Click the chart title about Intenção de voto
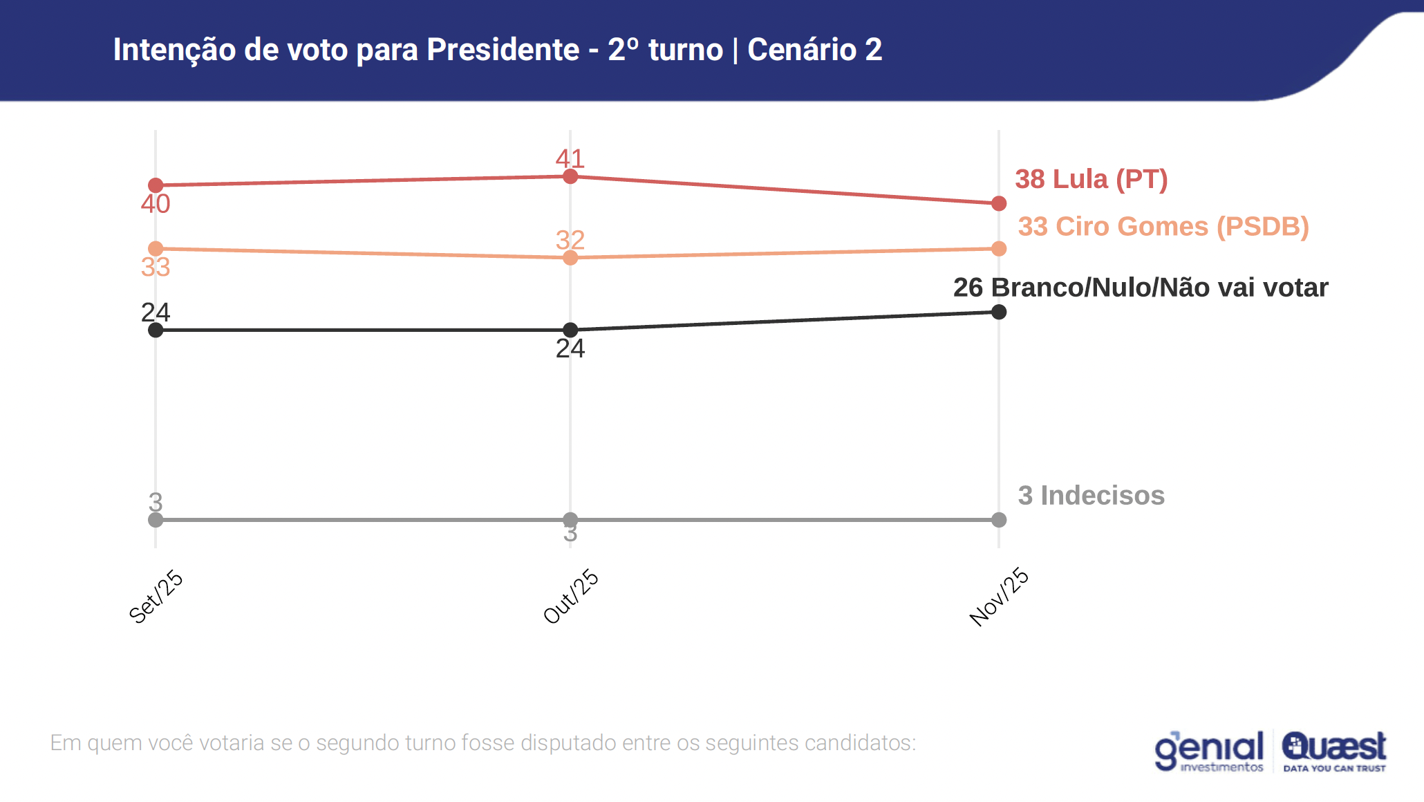coord(497,50)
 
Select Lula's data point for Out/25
coord(570,177)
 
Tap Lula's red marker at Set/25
coord(156,185)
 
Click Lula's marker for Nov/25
coord(999,203)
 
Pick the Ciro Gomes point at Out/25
coord(570,258)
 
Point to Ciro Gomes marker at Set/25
coord(156,249)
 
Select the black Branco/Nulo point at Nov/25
coord(999,312)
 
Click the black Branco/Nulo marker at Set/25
coord(156,330)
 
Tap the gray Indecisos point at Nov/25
coord(999,520)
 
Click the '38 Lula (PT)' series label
coord(1091,179)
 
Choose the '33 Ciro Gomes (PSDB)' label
coord(1163,227)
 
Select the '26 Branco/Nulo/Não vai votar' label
coord(1141,288)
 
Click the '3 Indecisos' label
coord(1091,496)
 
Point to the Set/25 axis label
coord(156,597)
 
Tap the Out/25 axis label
coord(571,597)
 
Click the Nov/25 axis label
coord(999,597)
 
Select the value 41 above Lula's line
coord(570,158)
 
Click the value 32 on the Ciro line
coord(570,240)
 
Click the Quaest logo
coord(1333,751)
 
